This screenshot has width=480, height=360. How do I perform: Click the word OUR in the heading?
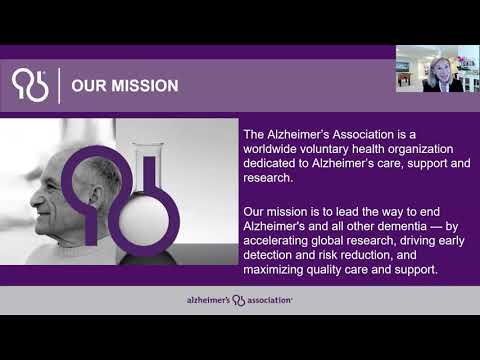[x=87, y=86]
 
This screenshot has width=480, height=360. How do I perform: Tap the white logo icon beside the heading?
[x=30, y=85]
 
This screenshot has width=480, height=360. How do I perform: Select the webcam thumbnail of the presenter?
[x=437, y=69]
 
